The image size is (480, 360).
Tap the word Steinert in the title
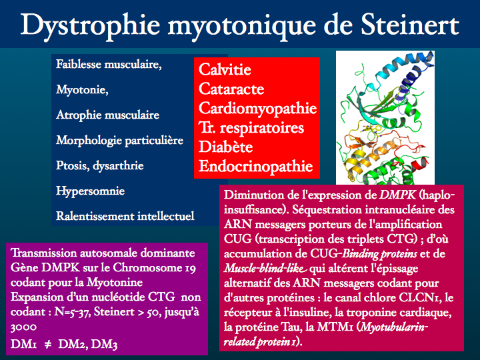tap(410, 25)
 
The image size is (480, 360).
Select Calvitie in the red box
tap(225, 69)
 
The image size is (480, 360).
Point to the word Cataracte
tap(231, 89)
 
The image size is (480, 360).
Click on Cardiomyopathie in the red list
tap(257, 109)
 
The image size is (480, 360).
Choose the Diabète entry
tap(225, 147)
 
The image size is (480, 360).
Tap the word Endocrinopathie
tap(255, 167)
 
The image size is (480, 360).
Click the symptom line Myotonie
tap(82, 90)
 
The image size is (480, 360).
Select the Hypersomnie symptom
tap(90, 191)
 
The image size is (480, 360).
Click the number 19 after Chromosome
tap(190, 268)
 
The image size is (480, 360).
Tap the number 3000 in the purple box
tap(23, 327)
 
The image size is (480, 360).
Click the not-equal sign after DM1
tap(48, 345)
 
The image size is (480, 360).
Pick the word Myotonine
tap(115, 282)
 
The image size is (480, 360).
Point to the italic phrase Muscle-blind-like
tap(265, 269)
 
